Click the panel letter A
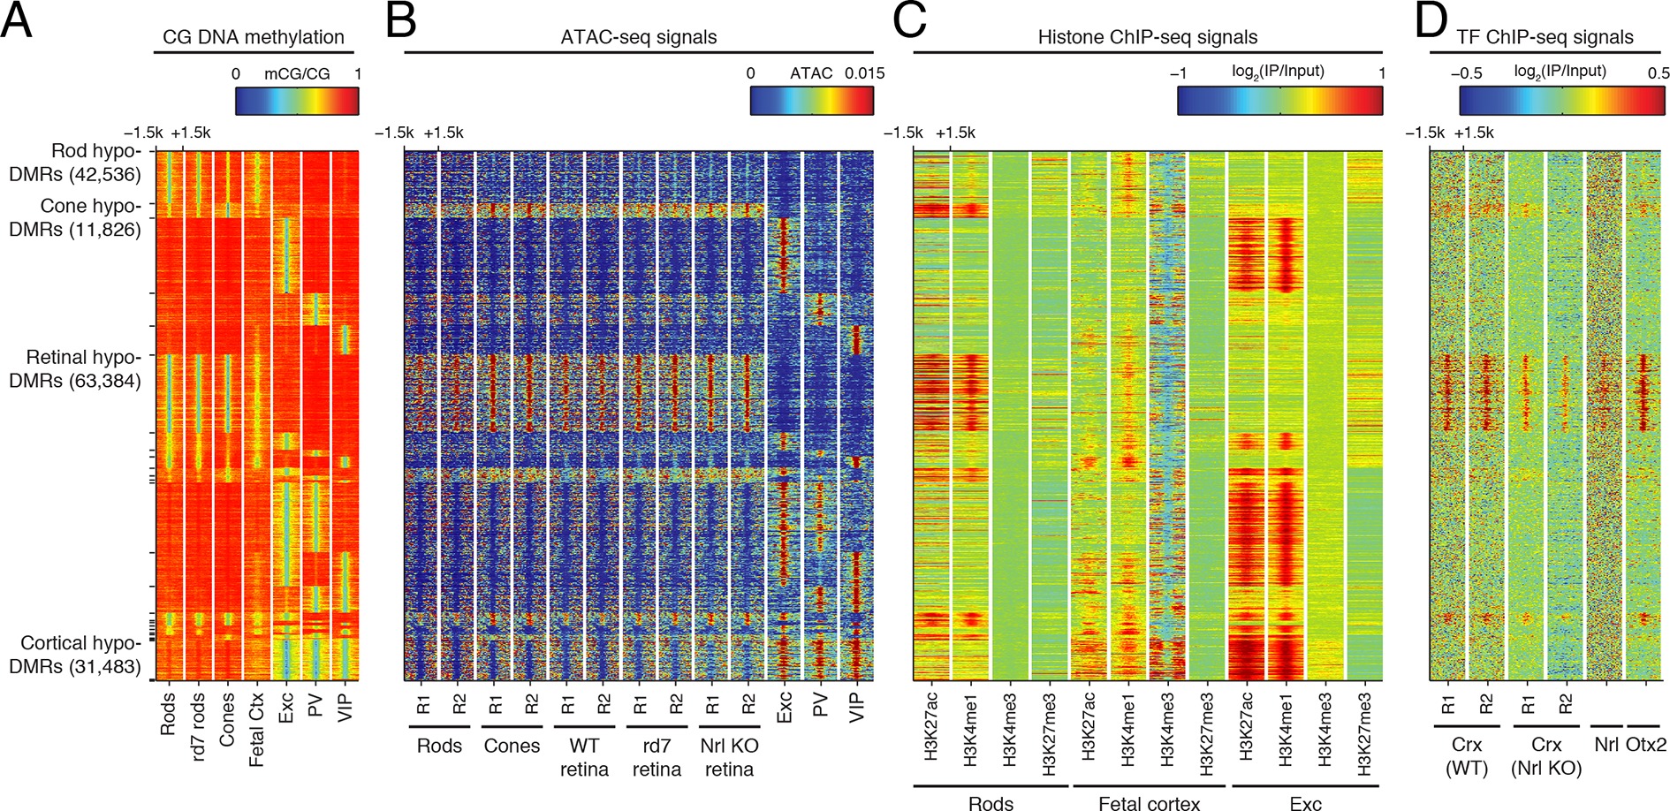coord(17,21)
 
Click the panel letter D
coord(1431,21)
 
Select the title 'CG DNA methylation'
coord(254,37)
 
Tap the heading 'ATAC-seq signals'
coord(638,37)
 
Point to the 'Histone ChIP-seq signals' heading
coord(1147,37)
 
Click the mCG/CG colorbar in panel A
coord(297,101)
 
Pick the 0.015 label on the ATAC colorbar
coord(864,73)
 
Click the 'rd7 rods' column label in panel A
coord(198,726)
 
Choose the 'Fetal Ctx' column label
coord(256,731)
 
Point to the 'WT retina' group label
coord(584,757)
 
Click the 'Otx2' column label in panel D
coord(1645,745)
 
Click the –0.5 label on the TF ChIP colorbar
coord(1466,73)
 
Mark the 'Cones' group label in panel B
coord(512,746)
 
